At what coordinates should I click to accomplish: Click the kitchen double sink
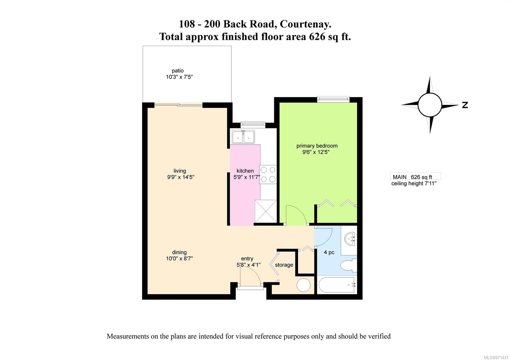[243, 137]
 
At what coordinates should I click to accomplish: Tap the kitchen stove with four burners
[268, 174]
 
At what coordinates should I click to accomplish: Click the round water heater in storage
[303, 285]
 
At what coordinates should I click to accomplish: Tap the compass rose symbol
[430, 105]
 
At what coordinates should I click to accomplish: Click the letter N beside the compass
[465, 105]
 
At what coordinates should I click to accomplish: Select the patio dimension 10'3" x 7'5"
[179, 77]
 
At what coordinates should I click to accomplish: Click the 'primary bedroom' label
[317, 146]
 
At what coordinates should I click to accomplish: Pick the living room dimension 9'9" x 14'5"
[181, 177]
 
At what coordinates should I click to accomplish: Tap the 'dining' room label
[179, 252]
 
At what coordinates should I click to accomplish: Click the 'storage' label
[284, 265]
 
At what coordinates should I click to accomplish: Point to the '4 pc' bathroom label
[329, 252]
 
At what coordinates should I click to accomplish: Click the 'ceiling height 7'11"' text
[414, 184]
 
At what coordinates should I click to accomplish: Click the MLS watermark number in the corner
[496, 357]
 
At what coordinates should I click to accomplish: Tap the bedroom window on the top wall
[333, 99]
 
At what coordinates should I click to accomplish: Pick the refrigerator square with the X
[266, 211]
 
